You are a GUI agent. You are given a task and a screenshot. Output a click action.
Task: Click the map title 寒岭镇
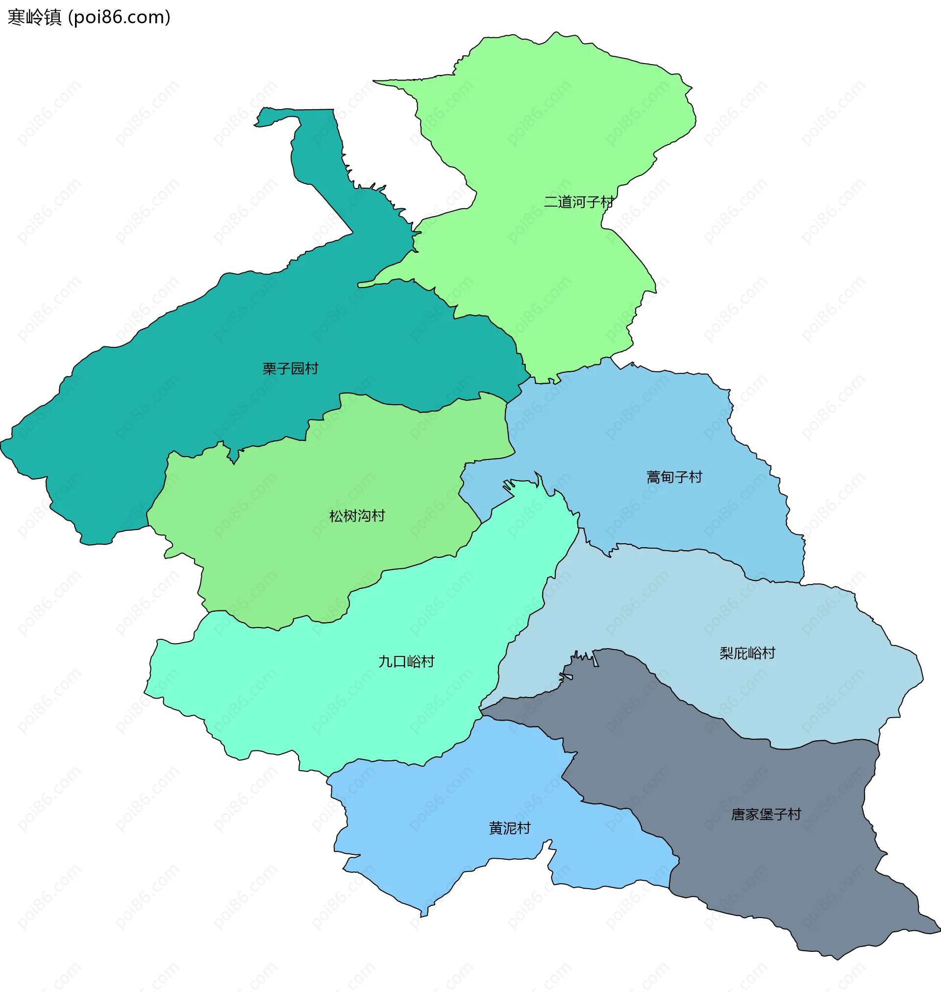[x=34, y=18]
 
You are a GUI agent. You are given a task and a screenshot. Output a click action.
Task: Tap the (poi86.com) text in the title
[x=120, y=18]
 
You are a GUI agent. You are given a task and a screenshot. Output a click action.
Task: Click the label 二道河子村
[x=578, y=202]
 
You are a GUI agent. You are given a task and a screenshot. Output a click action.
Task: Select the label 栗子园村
[x=291, y=369]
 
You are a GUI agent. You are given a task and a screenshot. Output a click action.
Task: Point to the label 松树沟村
[x=357, y=516]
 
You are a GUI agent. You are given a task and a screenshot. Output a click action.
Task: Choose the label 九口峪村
[x=406, y=662]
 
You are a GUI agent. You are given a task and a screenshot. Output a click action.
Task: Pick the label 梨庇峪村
[x=747, y=653]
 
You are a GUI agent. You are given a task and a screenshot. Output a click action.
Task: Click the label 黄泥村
[x=509, y=828]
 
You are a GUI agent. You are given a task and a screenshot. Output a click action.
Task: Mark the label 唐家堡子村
[x=766, y=815]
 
